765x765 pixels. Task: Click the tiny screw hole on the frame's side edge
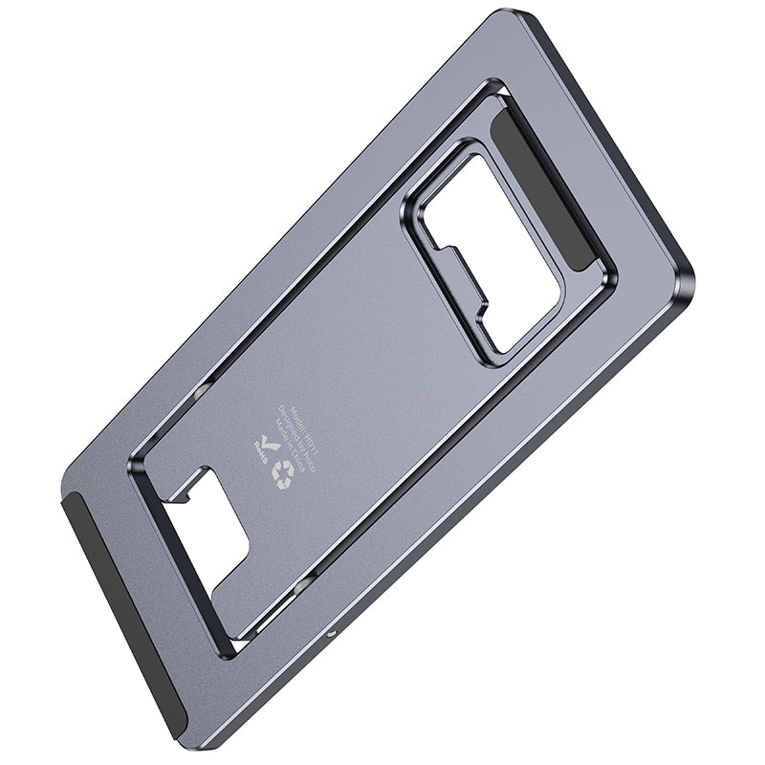[331, 634]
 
